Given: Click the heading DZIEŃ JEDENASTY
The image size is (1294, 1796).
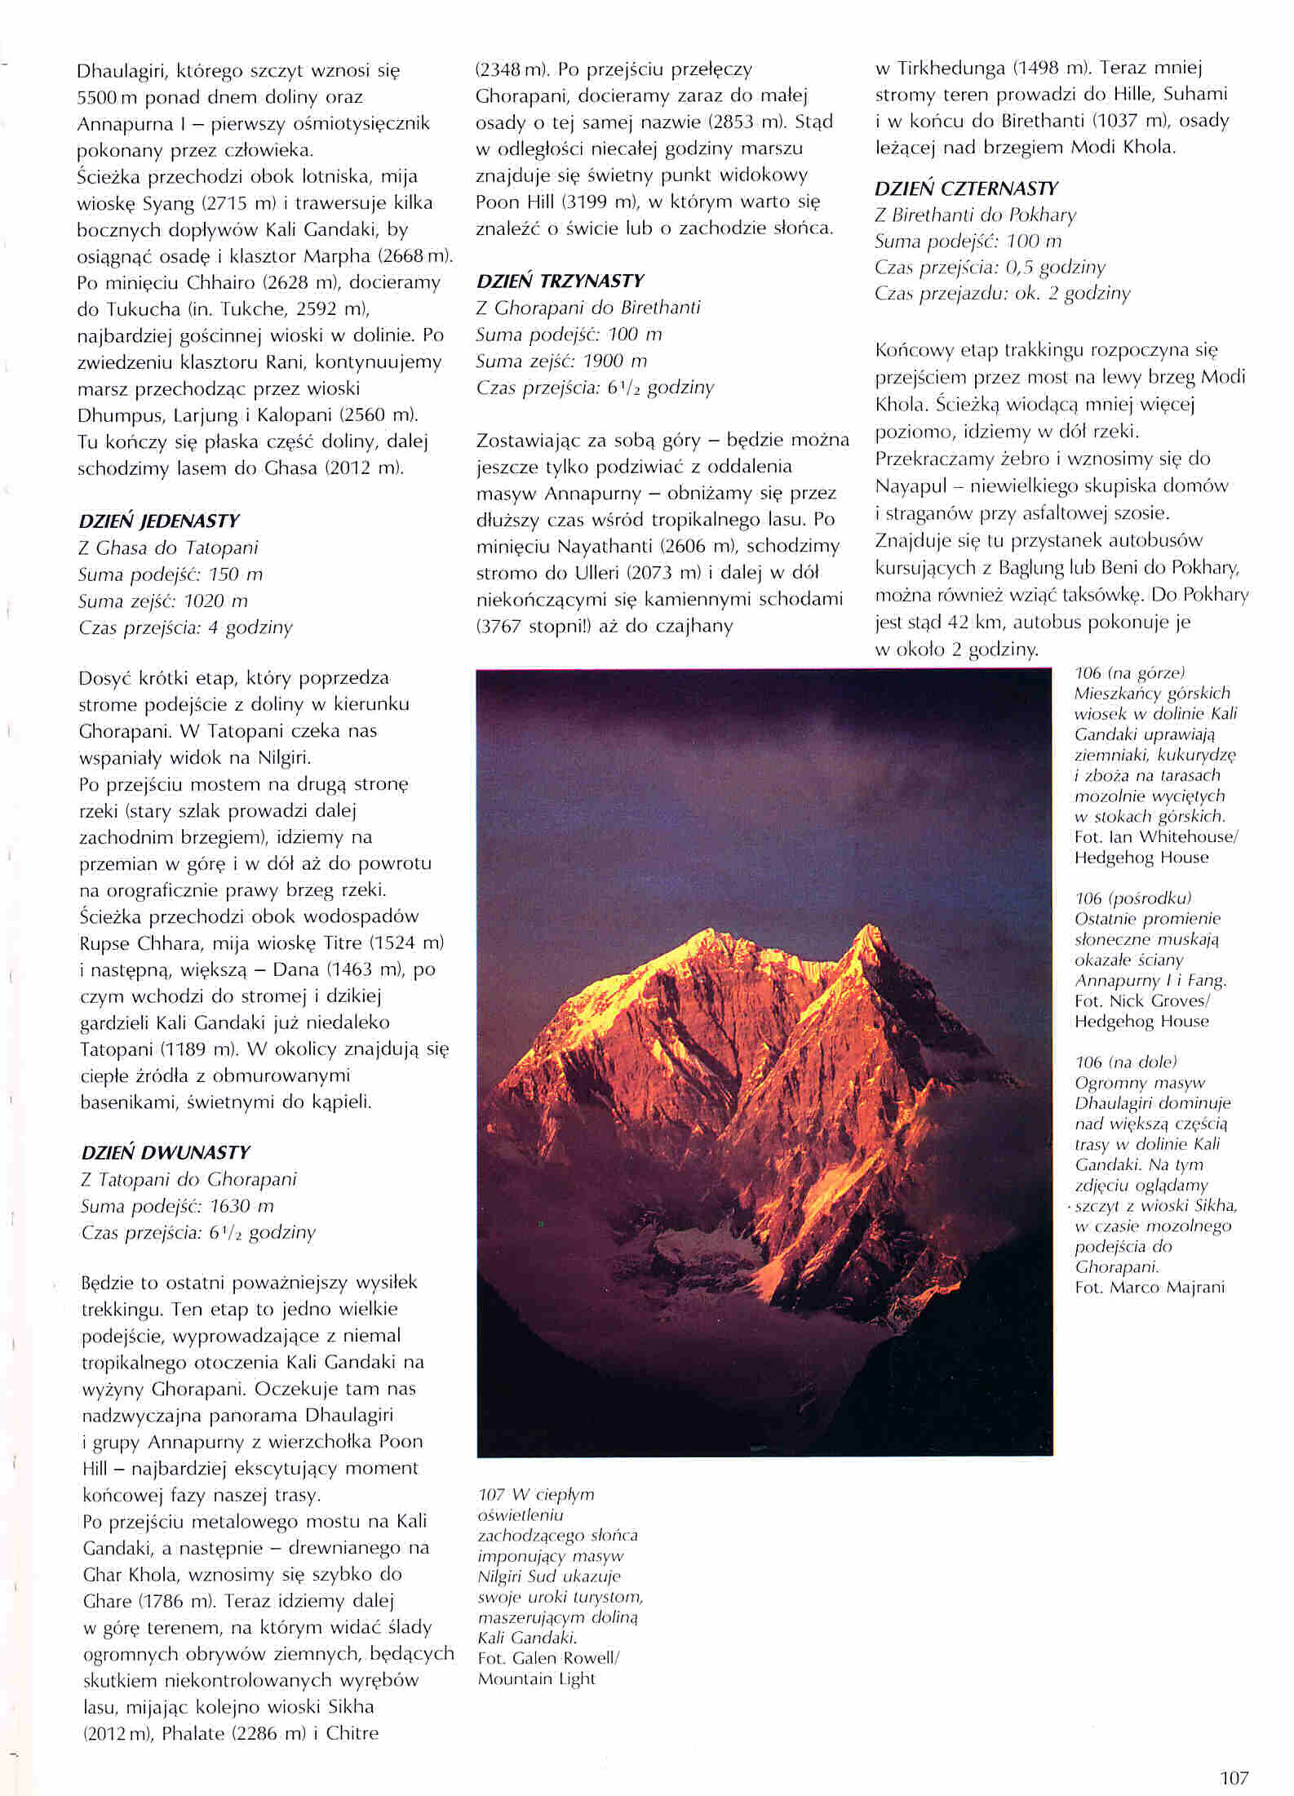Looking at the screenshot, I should [x=159, y=521].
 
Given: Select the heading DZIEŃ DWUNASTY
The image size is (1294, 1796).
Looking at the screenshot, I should [x=165, y=1153].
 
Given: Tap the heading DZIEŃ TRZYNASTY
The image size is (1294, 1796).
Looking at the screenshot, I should [x=560, y=282].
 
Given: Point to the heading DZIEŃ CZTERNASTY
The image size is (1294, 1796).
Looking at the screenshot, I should [x=966, y=189].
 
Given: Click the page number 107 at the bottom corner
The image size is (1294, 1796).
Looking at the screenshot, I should [x=1234, y=1772].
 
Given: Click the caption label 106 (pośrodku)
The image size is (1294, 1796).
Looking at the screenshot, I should [x=1133, y=898].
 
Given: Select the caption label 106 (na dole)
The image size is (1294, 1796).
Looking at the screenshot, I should [x=1126, y=1062].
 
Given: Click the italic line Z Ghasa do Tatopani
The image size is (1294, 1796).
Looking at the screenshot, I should [x=168, y=548].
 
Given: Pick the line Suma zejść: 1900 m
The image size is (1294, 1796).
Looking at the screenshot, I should [x=561, y=361].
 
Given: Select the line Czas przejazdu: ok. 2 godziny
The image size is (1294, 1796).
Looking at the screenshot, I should [x=1002, y=294].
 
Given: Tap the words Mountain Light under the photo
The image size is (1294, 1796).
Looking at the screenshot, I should [x=536, y=1678].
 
